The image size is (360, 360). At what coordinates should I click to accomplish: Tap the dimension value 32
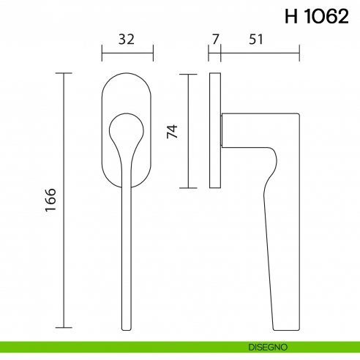tap(127, 40)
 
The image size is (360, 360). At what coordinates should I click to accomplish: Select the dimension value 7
tap(214, 40)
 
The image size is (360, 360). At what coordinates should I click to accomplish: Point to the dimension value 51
tap(256, 40)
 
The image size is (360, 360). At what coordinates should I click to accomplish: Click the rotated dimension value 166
tap(50, 200)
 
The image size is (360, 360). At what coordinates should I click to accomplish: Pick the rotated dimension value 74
tap(173, 131)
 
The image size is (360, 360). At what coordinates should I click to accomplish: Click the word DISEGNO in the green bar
tap(263, 346)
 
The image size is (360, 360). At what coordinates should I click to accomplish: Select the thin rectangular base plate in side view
tap(214, 130)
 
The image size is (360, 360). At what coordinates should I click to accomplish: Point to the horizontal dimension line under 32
tap(127, 53)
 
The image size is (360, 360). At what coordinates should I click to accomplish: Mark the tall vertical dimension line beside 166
tap(64, 200)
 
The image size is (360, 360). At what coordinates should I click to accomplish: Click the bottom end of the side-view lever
tap(286, 328)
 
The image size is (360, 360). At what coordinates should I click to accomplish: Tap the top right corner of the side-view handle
tap(298, 114)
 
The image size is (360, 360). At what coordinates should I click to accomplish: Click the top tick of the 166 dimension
tap(64, 73)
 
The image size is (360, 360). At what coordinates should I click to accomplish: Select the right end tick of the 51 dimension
tap(299, 53)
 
